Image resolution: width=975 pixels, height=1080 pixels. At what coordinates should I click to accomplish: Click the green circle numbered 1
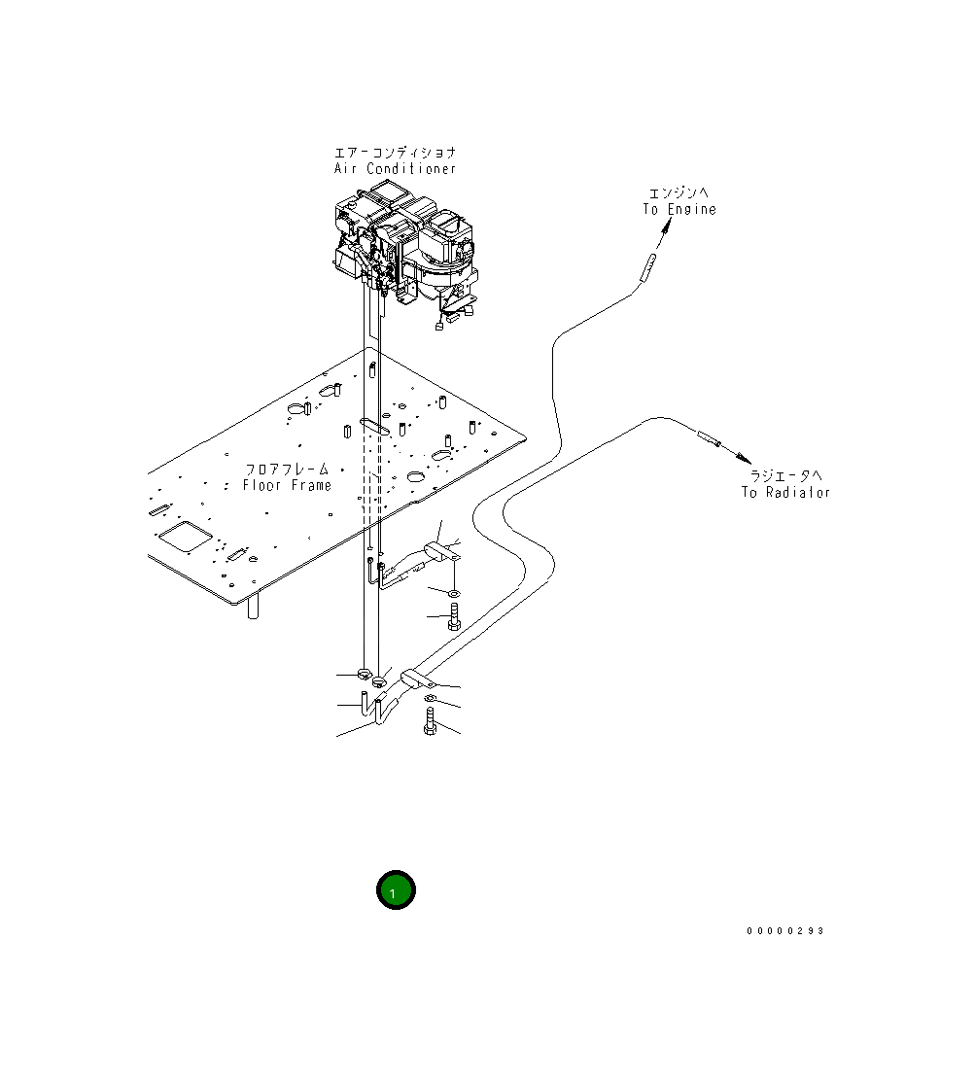(396, 890)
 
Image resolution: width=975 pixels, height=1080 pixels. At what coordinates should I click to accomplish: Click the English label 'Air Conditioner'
(395, 169)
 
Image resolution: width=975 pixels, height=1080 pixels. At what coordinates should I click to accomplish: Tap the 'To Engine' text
(679, 209)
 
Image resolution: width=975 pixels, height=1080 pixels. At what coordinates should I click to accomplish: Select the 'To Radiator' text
(785, 492)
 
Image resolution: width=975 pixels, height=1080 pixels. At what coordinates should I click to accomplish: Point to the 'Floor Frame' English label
(287, 485)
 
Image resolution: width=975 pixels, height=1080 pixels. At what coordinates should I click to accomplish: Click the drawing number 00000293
(784, 931)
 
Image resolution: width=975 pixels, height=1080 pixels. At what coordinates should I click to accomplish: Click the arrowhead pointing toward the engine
(667, 226)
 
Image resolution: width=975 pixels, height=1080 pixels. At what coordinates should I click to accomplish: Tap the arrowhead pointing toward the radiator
(744, 457)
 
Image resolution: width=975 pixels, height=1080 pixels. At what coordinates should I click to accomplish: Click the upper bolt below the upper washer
(454, 616)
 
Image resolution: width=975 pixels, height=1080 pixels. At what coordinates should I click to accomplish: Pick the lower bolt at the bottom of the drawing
(430, 722)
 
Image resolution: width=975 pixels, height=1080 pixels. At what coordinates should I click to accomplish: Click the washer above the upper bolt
(454, 592)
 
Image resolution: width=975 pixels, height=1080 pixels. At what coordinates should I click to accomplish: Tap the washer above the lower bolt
(430, 698)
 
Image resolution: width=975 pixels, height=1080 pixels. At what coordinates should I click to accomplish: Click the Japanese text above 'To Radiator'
(785, 475)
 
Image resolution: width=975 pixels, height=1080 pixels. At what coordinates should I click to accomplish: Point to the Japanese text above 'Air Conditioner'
(395, 153)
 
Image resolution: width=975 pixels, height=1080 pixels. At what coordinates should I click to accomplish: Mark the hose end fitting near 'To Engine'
(646, 267)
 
